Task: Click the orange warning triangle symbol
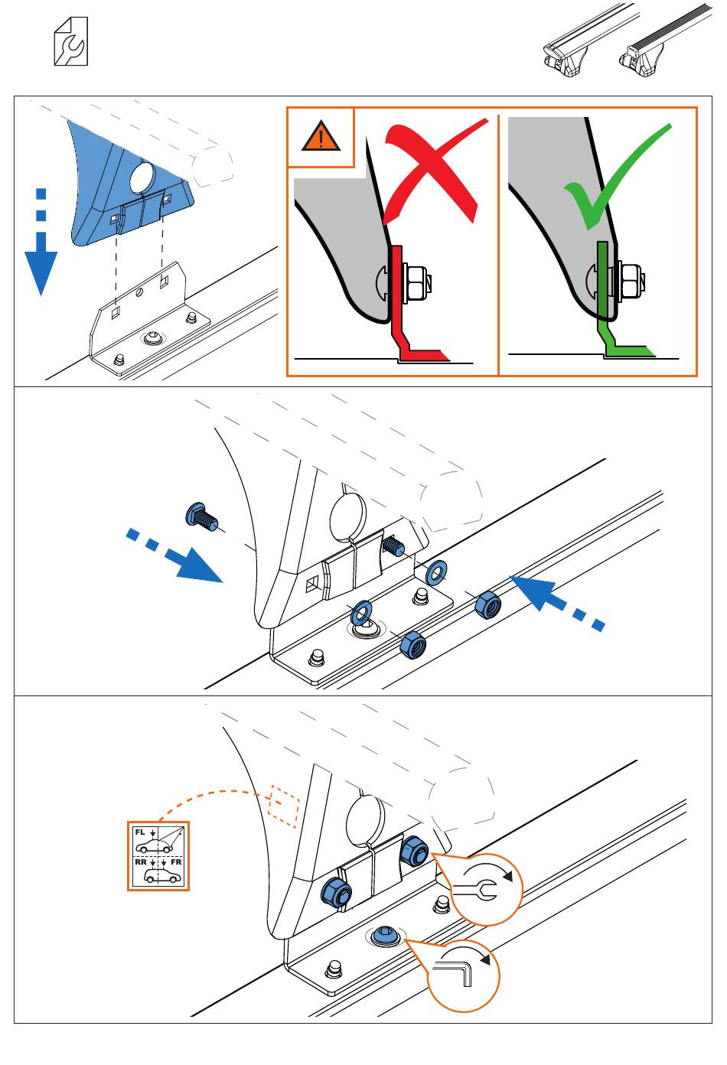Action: [321, 138]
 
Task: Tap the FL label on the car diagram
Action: [140, 832]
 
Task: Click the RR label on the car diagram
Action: [141, 862]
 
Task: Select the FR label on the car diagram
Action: [176, 862]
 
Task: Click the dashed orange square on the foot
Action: [282, 806]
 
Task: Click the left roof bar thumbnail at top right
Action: [570, 46]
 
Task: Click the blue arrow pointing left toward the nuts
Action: [555, 601]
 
